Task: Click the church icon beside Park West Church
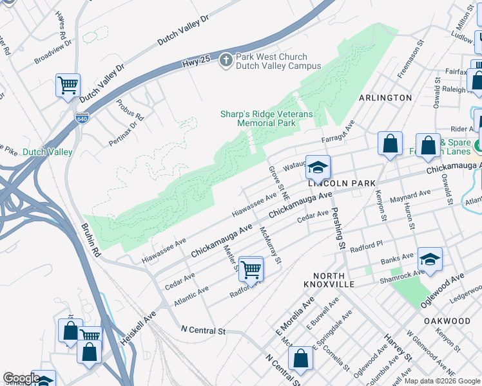[x=226, y=60]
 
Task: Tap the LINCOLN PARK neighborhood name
[x=342, y=183]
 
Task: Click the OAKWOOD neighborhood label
[x=447, y=320]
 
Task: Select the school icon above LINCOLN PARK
[x=317, y=167]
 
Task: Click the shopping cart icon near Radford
[x=251, y=270]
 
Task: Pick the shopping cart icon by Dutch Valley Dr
[x=68, y=85]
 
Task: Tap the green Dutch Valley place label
[x=48, y=152]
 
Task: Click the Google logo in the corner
[x=21, y=378]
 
